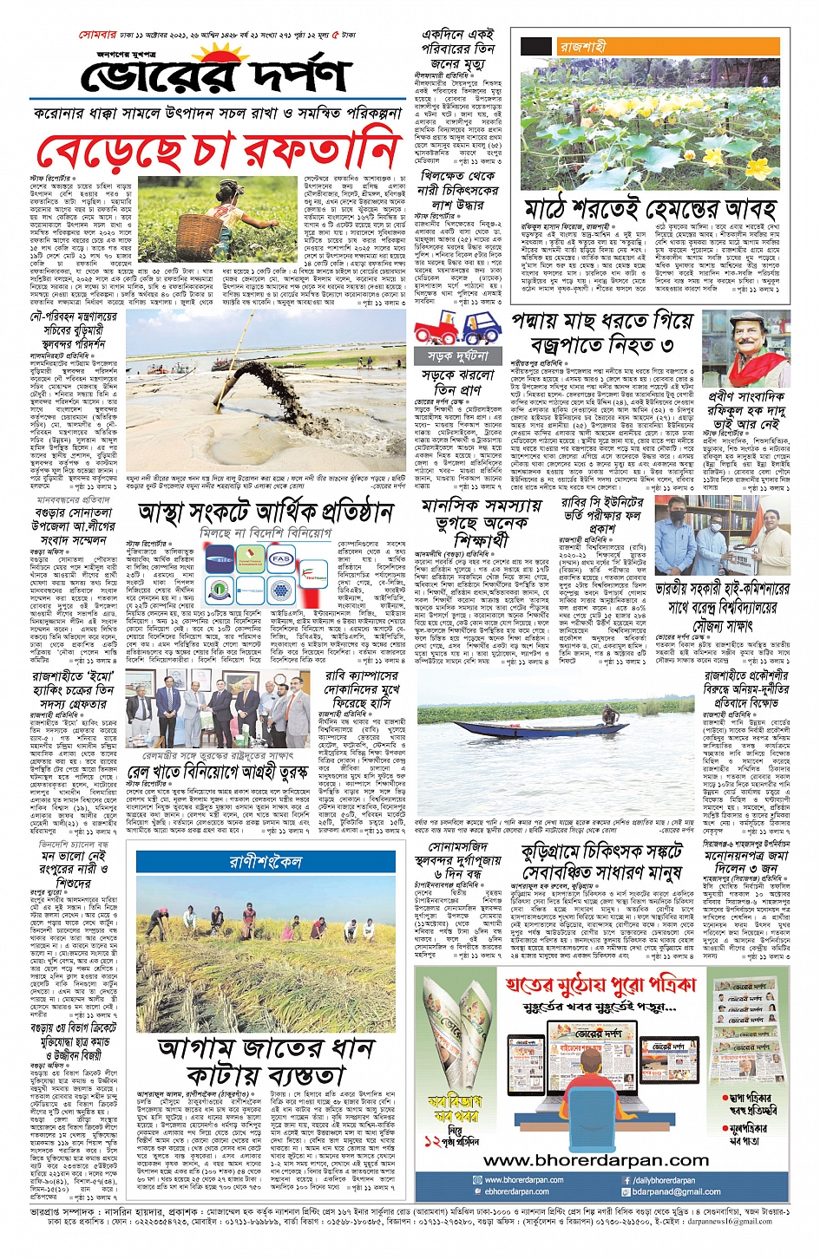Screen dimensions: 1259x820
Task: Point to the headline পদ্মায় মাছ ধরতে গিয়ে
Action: point(602,322)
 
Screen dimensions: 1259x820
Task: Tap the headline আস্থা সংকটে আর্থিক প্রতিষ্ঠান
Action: point(266,512)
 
